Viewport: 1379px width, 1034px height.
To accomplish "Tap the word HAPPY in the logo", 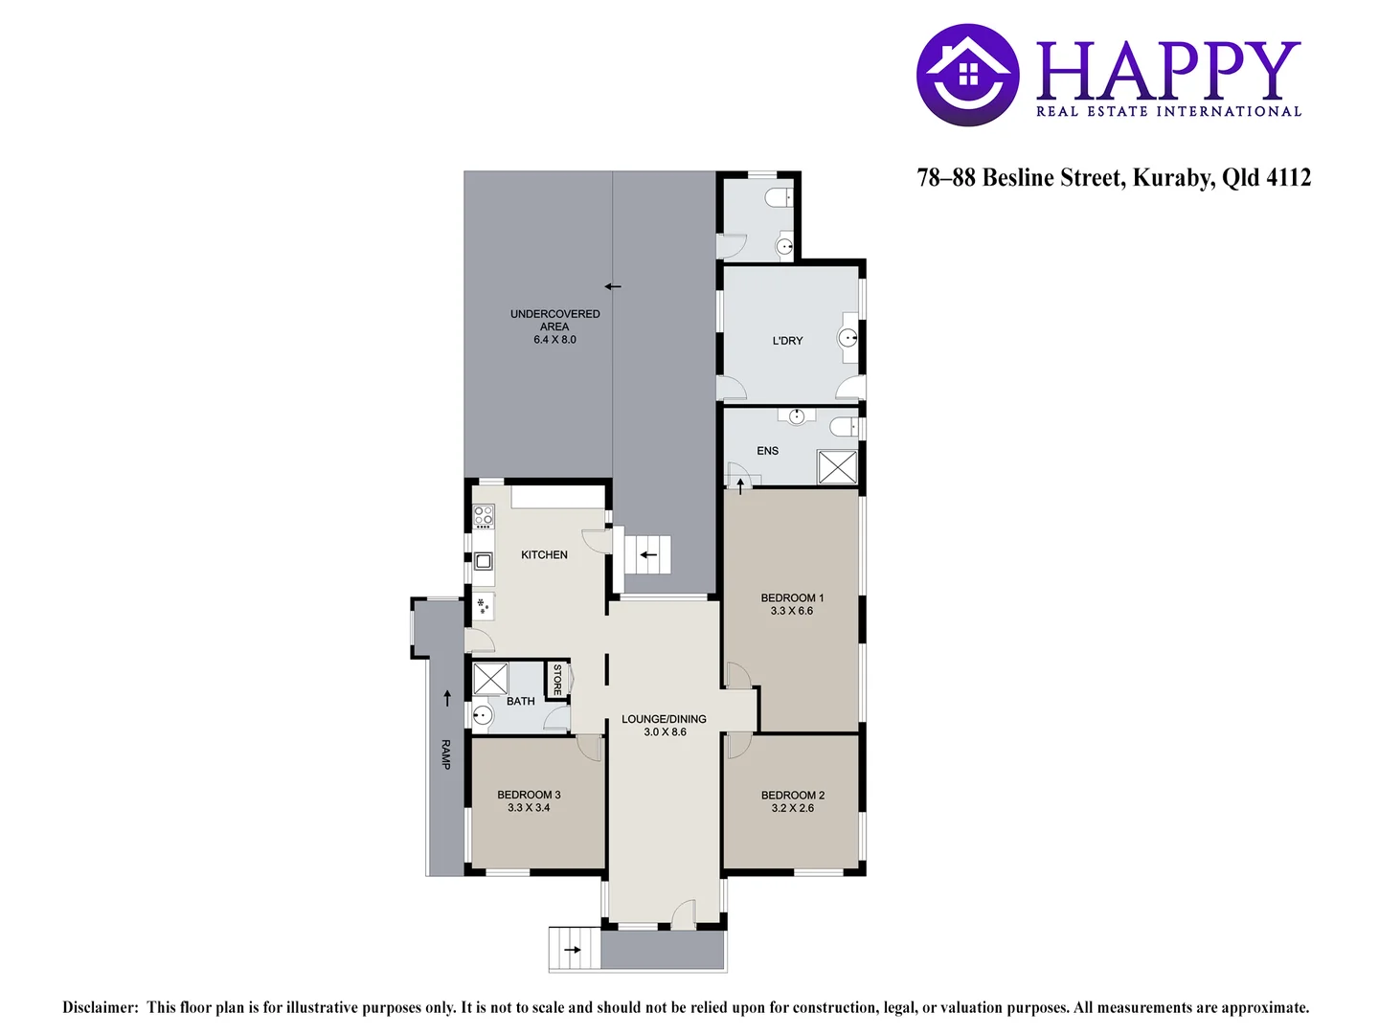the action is click(1168, 71).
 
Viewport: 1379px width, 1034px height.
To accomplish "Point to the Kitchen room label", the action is click(544, 555).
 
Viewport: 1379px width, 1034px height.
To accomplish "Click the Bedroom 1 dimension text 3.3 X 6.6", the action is click(792, 611).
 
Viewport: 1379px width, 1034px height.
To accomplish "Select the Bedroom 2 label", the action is click(793, 796).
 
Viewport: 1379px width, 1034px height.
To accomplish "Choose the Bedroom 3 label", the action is click(529, 795).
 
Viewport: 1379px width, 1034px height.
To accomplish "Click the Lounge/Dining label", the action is click(664, 719).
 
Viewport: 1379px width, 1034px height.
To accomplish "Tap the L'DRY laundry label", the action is click(788, 341).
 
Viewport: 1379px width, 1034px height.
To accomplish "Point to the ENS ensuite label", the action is click(768, 451).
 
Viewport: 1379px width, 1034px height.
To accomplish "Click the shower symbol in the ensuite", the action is click(837, 467).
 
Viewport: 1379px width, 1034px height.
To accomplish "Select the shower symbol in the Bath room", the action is click(490, 679).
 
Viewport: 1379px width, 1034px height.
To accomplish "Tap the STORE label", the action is click(557, 680).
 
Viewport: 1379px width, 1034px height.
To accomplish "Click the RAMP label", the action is click(445, 754).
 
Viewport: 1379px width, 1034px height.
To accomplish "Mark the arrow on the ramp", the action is click(447, 698).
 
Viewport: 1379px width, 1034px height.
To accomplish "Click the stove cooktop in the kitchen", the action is click(484, 516).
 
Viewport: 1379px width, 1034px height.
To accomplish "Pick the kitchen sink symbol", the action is click(483, 561).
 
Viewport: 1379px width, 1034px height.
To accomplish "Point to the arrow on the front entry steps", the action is click(573, 950).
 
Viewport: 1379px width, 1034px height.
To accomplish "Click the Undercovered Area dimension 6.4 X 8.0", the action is click(554, 340).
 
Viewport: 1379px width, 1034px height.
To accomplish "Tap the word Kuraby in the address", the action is click(1173, 178).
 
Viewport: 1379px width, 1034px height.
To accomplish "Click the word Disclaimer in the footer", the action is click(101, 1007).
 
